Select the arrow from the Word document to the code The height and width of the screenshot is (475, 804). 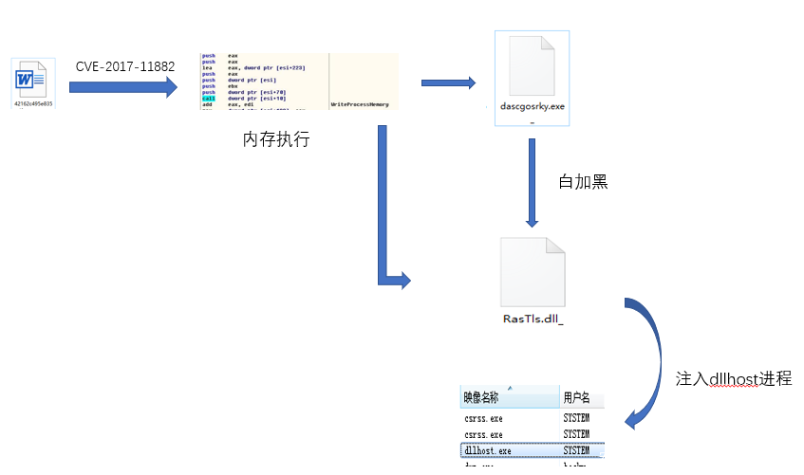coord(122,88)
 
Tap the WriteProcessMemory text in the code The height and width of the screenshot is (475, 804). coord(360,102)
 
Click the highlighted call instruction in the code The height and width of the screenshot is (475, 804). coord(208,97)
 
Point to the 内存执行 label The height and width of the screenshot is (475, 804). coord(276,140)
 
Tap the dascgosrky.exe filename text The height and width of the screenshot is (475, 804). coord(532,108)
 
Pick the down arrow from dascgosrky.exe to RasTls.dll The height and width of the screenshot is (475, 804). coord(532,184)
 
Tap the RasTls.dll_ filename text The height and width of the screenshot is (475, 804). coord(533,319)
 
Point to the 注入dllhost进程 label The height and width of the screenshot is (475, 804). coord(733,379)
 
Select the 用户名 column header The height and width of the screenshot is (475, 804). coord(577,398)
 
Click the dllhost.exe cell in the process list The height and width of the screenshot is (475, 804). coord(488,450)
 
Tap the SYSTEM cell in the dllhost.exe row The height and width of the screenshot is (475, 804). coord(576,450)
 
